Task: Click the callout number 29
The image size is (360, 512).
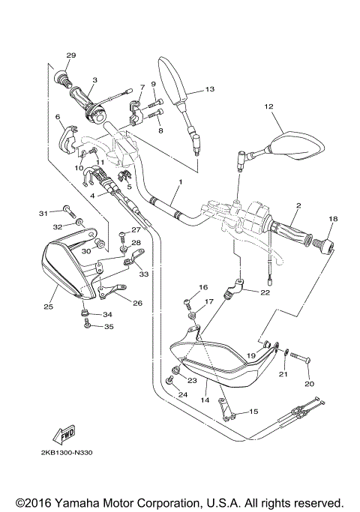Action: tap(71, 55)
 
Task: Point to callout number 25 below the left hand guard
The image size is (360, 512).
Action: tap(49, 307)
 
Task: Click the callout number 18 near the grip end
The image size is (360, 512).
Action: tap(332, 218)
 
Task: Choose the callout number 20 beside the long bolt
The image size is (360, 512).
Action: tap(308, 383)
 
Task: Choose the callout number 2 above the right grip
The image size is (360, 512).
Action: tap(298, 205)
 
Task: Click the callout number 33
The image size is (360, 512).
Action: tap(143, 274)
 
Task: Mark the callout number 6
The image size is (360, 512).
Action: tap(57, 117)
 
